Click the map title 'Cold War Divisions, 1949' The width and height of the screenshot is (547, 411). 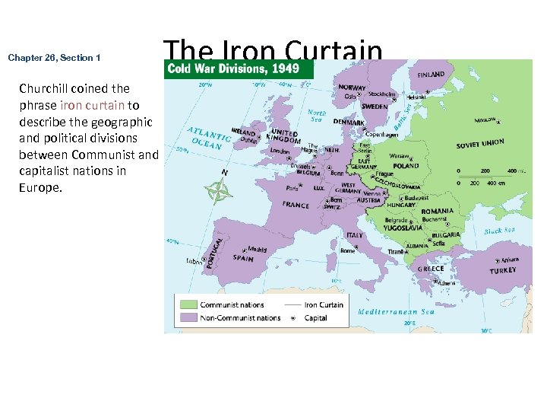233,68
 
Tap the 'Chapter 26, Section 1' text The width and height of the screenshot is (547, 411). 54,58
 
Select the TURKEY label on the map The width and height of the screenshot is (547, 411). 503,270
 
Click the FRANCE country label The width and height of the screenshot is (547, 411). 296,205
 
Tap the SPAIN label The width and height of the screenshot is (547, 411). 243,258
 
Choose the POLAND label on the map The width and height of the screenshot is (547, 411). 406,166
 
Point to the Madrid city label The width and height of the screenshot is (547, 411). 257,249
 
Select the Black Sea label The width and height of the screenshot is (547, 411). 499,231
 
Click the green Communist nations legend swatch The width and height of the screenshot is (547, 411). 188,305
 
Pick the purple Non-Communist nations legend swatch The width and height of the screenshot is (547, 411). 188,317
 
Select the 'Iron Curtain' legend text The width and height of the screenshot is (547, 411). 324,305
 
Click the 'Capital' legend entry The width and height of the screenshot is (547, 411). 316,317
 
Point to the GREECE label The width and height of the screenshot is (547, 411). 431,269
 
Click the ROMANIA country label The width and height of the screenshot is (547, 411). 437,211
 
